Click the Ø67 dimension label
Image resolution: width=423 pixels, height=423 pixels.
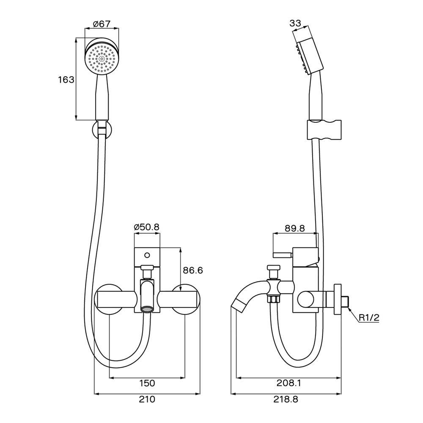tap(102, 24)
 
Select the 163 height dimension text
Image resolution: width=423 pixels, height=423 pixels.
tap(66, 80)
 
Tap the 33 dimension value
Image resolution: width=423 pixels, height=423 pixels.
tap(295, 24)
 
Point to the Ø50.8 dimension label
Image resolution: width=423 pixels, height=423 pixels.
tap(146, 227)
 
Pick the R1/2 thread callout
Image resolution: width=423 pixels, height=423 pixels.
tap(369, 317)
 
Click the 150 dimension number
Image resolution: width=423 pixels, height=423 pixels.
tap(147, 383)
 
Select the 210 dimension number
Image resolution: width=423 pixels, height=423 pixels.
tap(147, 399)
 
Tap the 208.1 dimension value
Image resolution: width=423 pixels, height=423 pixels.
tap(289, 383)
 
